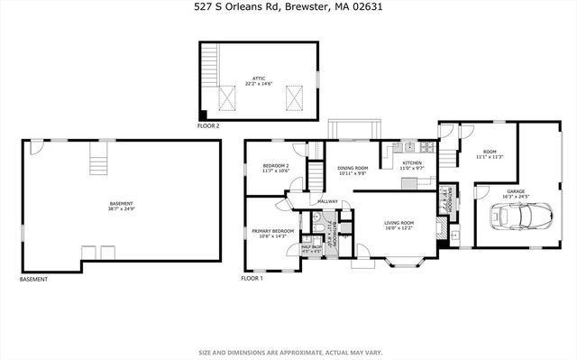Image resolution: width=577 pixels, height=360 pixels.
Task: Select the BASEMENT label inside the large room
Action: [x=120, y=207]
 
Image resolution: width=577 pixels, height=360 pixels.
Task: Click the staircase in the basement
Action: [x=97, y=162]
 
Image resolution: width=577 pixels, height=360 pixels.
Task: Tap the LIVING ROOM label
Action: [x=398, y=225]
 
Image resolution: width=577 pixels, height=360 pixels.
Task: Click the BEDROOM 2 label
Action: [x=275, y=168]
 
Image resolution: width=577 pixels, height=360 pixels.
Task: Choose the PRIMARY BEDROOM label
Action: [x=273, y=233]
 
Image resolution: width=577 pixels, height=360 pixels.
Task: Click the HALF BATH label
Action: [x=312, y=249]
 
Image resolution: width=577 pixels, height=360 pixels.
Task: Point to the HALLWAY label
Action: [x=327, y=201]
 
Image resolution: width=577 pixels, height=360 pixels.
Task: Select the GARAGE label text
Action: [x=516, y=192]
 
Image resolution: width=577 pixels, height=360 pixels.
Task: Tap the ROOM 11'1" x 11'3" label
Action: [x=490, y=153]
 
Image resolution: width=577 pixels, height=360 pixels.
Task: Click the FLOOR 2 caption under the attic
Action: [x=208, y=126]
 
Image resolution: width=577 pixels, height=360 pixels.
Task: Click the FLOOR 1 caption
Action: [x=252, y=279]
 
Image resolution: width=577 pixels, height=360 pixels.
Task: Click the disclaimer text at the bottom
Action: [x=288, y=352]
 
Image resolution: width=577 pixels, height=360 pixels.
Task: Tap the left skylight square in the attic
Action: [x=226, y=97]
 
